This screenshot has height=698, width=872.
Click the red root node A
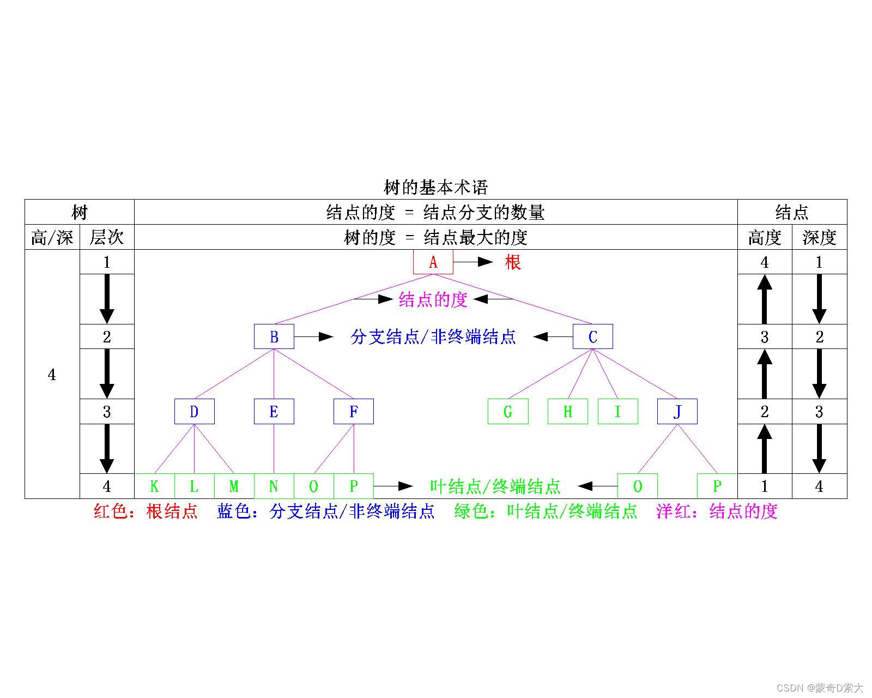coord(433,262)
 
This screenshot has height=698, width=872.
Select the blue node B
coord(274,336)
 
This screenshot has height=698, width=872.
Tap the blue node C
coord(592,336)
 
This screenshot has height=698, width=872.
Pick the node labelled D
coord(194,411)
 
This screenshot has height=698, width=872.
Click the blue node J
coord(677,411)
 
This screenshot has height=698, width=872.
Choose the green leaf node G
coord(507,411)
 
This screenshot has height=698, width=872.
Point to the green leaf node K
coord(154,486)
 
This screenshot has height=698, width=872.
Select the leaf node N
coord(274,486)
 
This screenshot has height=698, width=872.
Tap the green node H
coord(567,411)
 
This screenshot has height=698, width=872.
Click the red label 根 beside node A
coord(513,262)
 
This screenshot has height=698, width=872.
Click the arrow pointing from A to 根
coord(473,262)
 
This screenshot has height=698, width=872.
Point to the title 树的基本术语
coord(435,188)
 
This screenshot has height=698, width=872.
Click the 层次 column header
coord(107,237)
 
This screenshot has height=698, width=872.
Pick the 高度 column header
coord(764,237)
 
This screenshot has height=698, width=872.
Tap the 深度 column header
coord(819,237)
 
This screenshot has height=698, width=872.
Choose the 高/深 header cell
coord(52,237)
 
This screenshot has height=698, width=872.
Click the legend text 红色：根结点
coord(146,512)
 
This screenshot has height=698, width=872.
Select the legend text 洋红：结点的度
coord(717,512)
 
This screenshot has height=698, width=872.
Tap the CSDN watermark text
coord(820,687)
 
